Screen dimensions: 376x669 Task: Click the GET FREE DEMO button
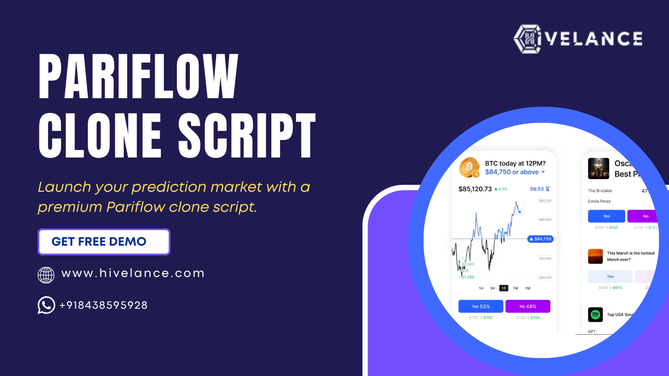pos(104,242)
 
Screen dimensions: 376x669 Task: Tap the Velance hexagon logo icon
pos(527,39)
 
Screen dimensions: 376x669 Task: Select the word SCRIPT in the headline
pos(247,136)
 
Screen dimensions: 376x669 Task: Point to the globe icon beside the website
pos(46,275)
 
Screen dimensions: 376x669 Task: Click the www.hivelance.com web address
pos(133,273)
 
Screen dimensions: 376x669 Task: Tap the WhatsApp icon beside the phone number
pos(46,305)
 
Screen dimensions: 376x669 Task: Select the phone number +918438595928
pos(104,305)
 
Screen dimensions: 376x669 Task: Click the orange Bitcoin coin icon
pos(469,167)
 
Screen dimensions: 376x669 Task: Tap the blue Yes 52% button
pos(481,306)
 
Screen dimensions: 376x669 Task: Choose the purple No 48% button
pos(528,306)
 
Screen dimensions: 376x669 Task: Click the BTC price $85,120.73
pos(475,189)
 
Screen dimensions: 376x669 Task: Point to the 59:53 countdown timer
pos(537,189)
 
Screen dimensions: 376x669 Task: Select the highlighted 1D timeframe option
pos(504,288)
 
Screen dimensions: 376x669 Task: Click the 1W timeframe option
pos(516,288)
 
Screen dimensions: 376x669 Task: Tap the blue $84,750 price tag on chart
pos(541,239)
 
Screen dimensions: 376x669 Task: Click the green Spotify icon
pos(595,315)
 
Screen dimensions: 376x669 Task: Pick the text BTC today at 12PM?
pos(515,163)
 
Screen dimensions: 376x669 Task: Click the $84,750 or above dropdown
pos(515,172)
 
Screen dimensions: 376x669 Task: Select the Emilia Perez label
pos(599,201)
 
